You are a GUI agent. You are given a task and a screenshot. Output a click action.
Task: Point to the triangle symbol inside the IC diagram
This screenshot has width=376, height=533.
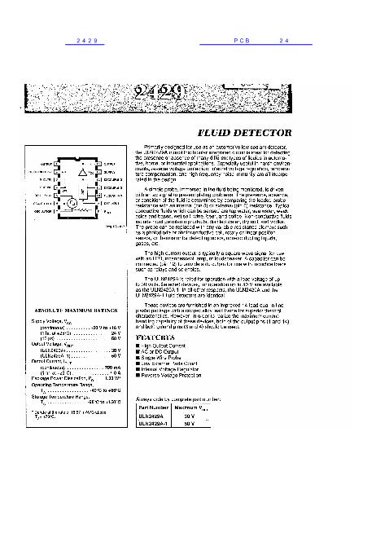point(82,174)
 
